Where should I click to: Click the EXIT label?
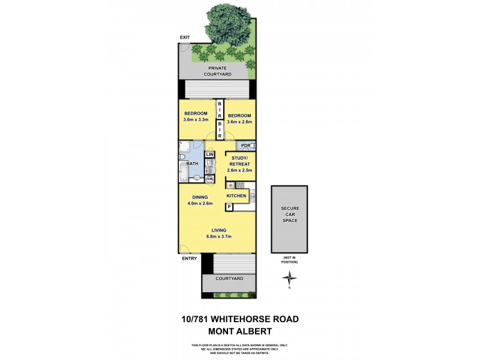click(x=184, y=38)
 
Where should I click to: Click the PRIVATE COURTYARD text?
click(x=217, y=71)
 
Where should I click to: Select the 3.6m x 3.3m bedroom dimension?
click(x=196, y=121)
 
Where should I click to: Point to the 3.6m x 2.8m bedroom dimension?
click(x=239, y=122)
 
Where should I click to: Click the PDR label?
click(x=245, y=146)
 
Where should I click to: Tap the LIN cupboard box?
click(x=209, y=155)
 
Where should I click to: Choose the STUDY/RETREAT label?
click(x=239, y=163)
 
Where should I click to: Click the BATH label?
click(x=192, y=163)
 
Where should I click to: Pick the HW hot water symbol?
click(x=209, y=179)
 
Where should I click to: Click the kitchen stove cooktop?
click(x=239, y=185)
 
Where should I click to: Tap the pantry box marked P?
click(x=229, y=207)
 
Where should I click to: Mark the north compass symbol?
click(x=290, y=278)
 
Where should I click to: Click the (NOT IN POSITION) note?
click(x=290, y=260)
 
